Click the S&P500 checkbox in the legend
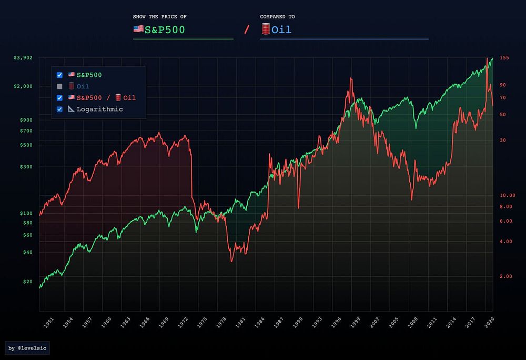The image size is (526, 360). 59,75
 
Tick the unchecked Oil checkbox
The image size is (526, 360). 59,86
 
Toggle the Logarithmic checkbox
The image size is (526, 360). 59,109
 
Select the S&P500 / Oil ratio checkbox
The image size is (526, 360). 59,98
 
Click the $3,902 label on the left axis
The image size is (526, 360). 23,58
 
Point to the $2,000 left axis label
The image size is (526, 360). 23,86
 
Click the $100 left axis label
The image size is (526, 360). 25,213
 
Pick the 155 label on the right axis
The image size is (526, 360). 503,58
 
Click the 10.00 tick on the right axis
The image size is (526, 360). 507,195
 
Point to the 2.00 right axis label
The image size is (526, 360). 506,276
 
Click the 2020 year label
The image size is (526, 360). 489,322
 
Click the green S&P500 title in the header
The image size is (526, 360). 165,30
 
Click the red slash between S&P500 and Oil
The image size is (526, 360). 246,29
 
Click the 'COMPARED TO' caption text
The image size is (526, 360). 273,17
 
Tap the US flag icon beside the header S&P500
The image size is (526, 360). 138,29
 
